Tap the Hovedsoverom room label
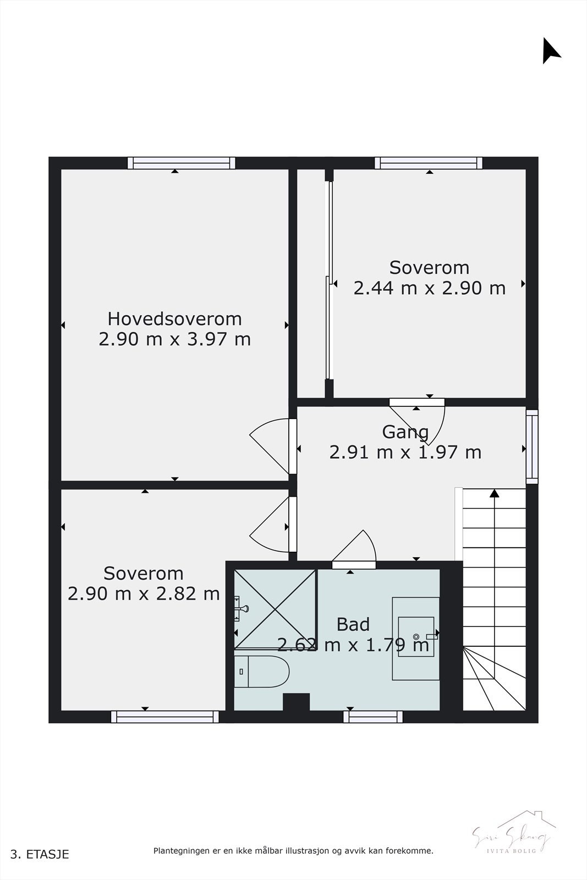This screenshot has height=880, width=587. coord(174,318)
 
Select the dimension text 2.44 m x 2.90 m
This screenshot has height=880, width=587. coord(429,288)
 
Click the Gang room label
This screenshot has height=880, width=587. coord(405,432)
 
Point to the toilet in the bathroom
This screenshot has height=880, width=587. coord(262,671)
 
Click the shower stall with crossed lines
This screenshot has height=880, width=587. coord(276,609)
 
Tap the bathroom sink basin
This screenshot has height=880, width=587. coord(416,637)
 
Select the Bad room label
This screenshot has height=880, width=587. coord(353,624)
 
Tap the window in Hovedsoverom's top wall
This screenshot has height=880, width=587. coord(182,163)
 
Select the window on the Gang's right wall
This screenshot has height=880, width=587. coord(531,446)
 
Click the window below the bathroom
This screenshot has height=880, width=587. coord(373,717)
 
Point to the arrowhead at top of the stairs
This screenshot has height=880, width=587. coord(494,493)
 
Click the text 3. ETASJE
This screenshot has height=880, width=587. coord(40,854)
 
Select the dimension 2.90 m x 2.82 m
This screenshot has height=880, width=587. coord(144,593)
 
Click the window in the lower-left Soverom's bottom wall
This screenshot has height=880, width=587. coord(165,717)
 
